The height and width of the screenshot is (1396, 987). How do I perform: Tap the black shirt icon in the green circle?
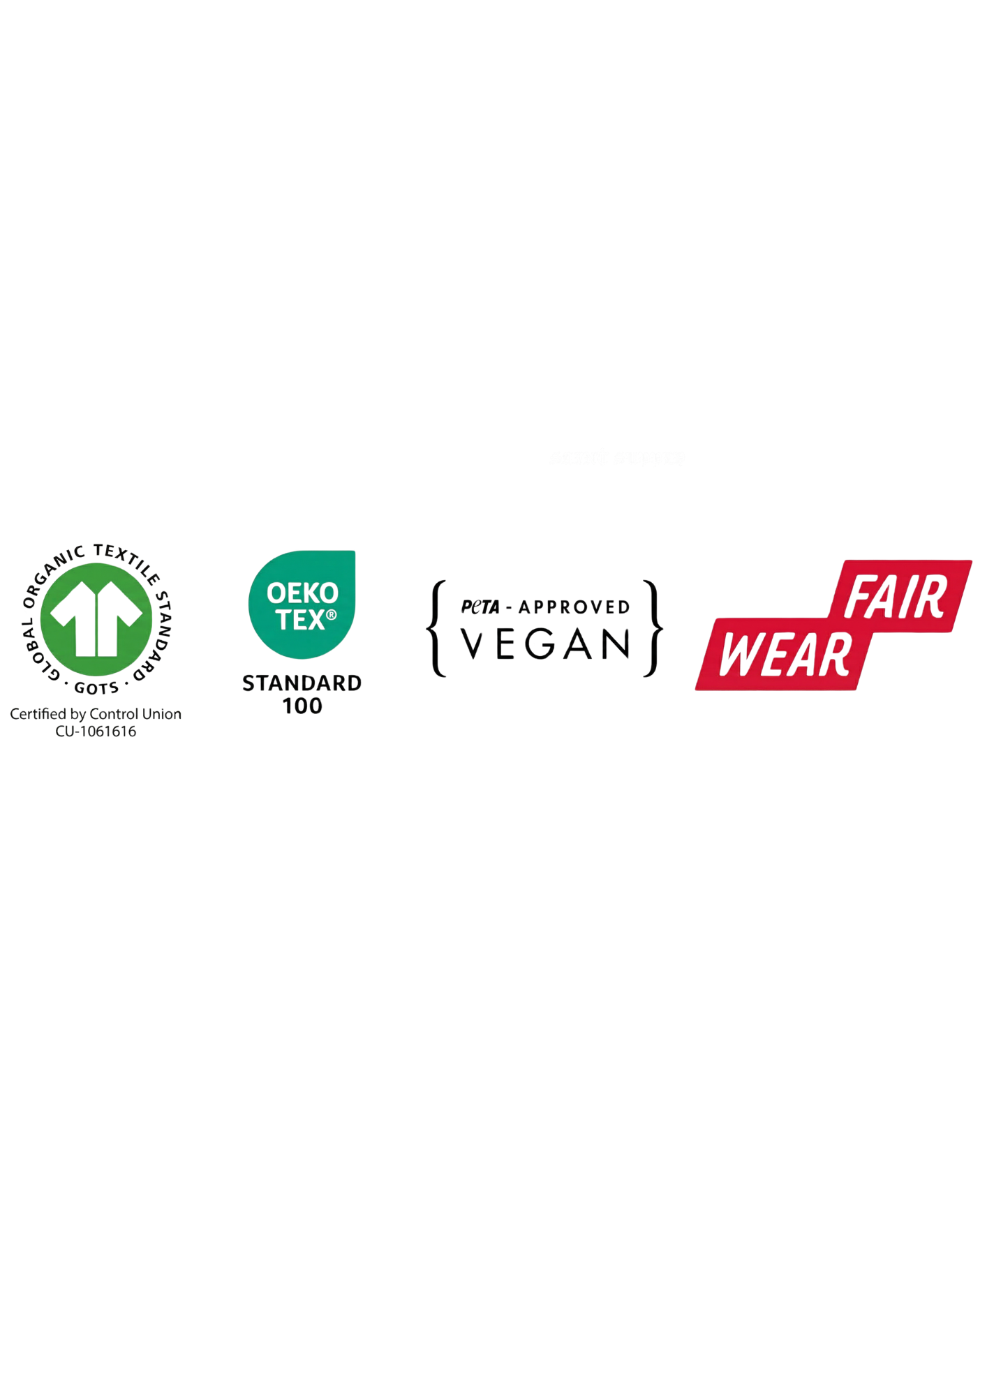point(96,618)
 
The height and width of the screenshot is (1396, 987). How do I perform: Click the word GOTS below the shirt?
point(96,688)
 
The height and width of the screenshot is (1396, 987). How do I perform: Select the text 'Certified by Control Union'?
point(96,714)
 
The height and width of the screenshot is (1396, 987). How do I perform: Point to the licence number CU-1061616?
point(96,732)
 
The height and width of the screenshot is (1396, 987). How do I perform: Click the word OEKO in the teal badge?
point(302,594)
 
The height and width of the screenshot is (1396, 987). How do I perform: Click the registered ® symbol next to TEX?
point(331,615)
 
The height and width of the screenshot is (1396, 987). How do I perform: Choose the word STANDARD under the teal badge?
point(302,683)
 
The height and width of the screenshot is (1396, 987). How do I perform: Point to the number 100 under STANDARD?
point(302,706)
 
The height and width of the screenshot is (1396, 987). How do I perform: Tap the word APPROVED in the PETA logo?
point(574,607)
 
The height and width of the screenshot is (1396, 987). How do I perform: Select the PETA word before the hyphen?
point(480,607)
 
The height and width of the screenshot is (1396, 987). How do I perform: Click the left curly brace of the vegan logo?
point(436,628)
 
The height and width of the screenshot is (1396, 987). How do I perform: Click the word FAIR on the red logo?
point(896,598)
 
